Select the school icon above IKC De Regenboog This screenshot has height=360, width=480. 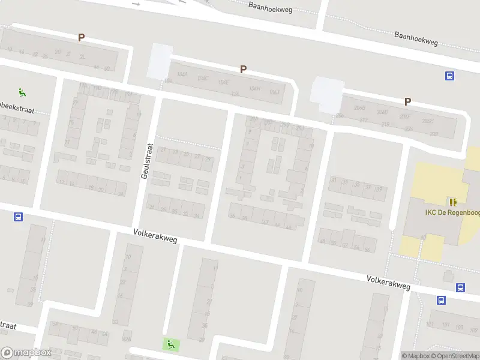[x=453, y=201]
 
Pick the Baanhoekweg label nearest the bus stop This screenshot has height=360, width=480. [x=416, y=39]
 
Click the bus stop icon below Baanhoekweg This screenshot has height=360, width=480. [x=449, y=76]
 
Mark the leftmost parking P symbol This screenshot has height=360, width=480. [x=81, y=37]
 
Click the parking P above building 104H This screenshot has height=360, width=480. [x=243, y=69]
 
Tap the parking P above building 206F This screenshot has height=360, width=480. [x=407, y=101]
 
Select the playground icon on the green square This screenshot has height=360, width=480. [x=170, y=344]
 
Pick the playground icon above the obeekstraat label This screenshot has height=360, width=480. [x=22, y=92]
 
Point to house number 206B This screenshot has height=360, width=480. [x=359, y=108]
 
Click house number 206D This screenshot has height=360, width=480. [x=382, y=112]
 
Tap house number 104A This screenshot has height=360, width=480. [x=182, y=74]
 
